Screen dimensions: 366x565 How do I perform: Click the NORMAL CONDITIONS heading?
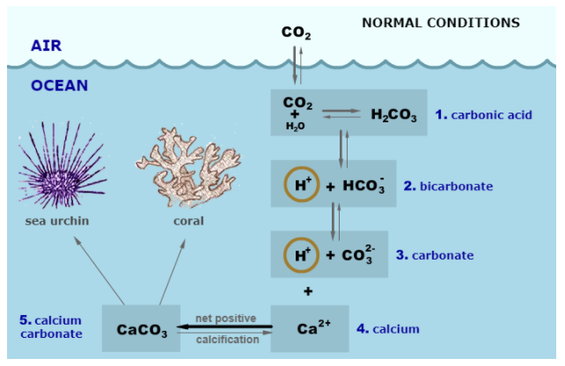(441, 22)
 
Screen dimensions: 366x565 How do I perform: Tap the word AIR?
(45, 44)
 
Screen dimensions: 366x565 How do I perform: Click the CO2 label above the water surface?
(297, 33)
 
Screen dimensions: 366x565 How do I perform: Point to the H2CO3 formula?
(393, 115)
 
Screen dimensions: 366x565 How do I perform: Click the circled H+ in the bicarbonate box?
(299, 185)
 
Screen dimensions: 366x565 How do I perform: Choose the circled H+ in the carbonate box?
(299, 255)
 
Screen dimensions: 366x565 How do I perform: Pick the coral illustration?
(185, 170)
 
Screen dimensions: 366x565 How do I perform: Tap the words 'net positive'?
(226, 318)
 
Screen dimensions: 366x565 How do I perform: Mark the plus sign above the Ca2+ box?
(308, 289)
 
